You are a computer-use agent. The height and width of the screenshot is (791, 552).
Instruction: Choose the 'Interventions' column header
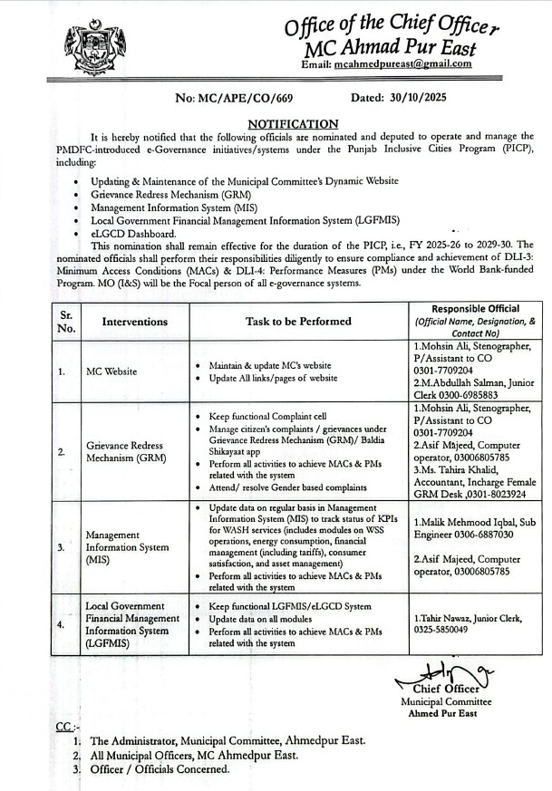pos(135,321)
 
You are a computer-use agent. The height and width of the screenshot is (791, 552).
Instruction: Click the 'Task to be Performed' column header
pos(298,321)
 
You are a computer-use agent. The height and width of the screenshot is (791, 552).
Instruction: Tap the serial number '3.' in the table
pos(60,547)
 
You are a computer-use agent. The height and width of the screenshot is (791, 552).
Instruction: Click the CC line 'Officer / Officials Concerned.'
pos(160,769)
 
